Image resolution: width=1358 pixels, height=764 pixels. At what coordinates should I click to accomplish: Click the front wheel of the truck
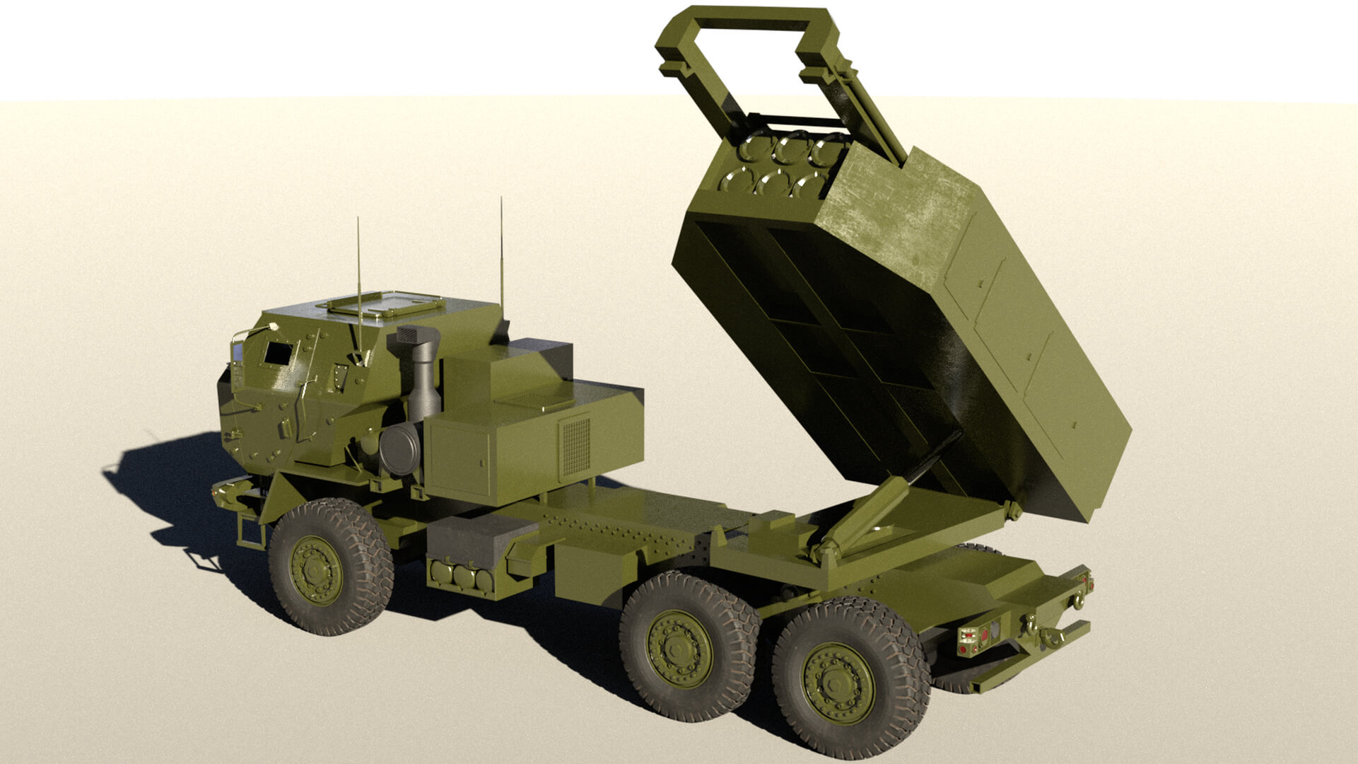330,567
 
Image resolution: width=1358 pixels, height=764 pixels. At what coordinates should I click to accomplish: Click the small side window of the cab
278,353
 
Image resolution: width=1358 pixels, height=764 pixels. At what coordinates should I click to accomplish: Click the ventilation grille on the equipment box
575,446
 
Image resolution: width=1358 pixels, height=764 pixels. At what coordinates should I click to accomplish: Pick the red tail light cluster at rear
975,639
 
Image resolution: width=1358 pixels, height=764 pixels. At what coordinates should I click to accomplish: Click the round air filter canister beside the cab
399,448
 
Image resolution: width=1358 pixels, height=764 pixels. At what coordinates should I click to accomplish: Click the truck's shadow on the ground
177,495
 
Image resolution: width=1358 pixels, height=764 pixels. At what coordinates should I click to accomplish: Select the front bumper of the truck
233,492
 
